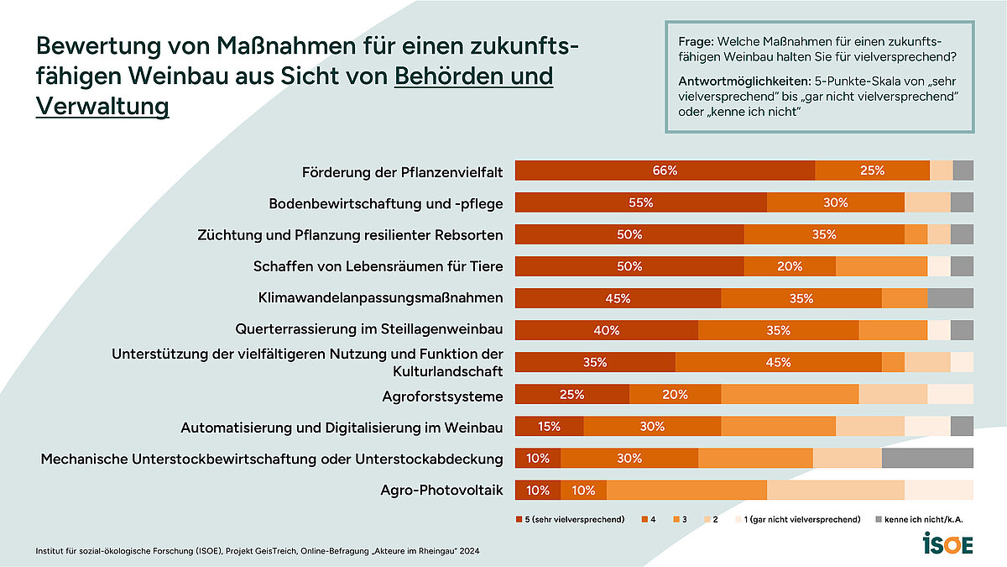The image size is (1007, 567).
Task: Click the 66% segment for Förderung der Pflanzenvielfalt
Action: [665, 171]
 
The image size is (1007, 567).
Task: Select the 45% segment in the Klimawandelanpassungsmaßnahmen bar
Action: [618, 298]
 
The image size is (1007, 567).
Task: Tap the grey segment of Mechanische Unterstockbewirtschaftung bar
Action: [927, 458]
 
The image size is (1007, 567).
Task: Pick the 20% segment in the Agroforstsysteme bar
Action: [675, 394]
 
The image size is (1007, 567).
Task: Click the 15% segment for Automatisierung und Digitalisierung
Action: [549, 426]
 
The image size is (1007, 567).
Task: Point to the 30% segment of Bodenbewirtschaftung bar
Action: [835, 202]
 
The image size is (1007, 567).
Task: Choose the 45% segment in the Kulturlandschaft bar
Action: [778, 362]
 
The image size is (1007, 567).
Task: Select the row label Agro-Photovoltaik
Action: [442, 491]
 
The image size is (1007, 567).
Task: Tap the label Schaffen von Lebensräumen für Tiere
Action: [378, 266]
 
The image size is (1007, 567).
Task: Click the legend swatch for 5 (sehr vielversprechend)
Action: [518, 520]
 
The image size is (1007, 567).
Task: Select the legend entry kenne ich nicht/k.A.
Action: [924, 520]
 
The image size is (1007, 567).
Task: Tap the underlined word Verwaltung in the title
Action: [102, 107]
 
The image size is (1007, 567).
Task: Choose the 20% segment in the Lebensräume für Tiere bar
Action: [789, 266]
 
